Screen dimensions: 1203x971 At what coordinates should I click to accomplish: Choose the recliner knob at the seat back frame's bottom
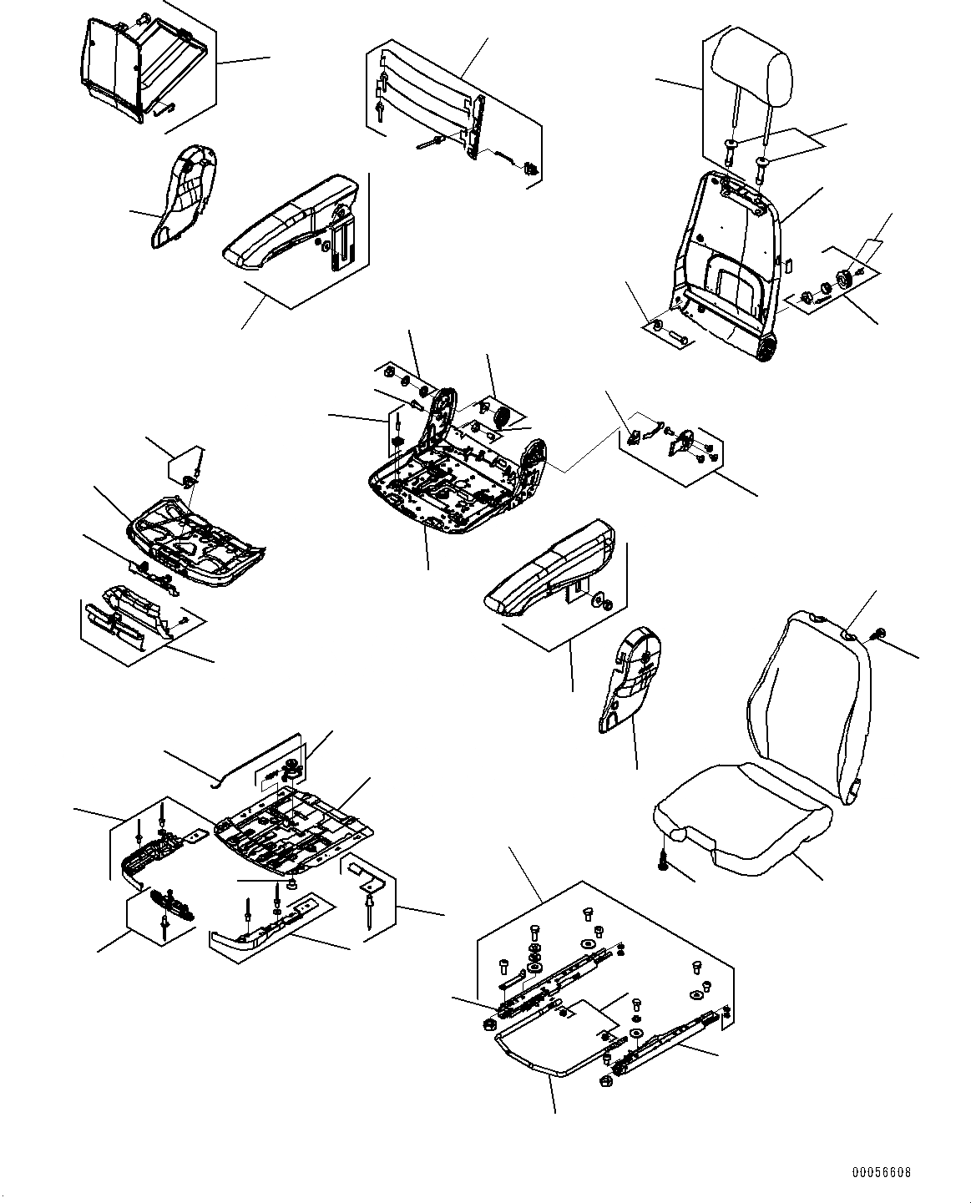[x=766, y=351]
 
